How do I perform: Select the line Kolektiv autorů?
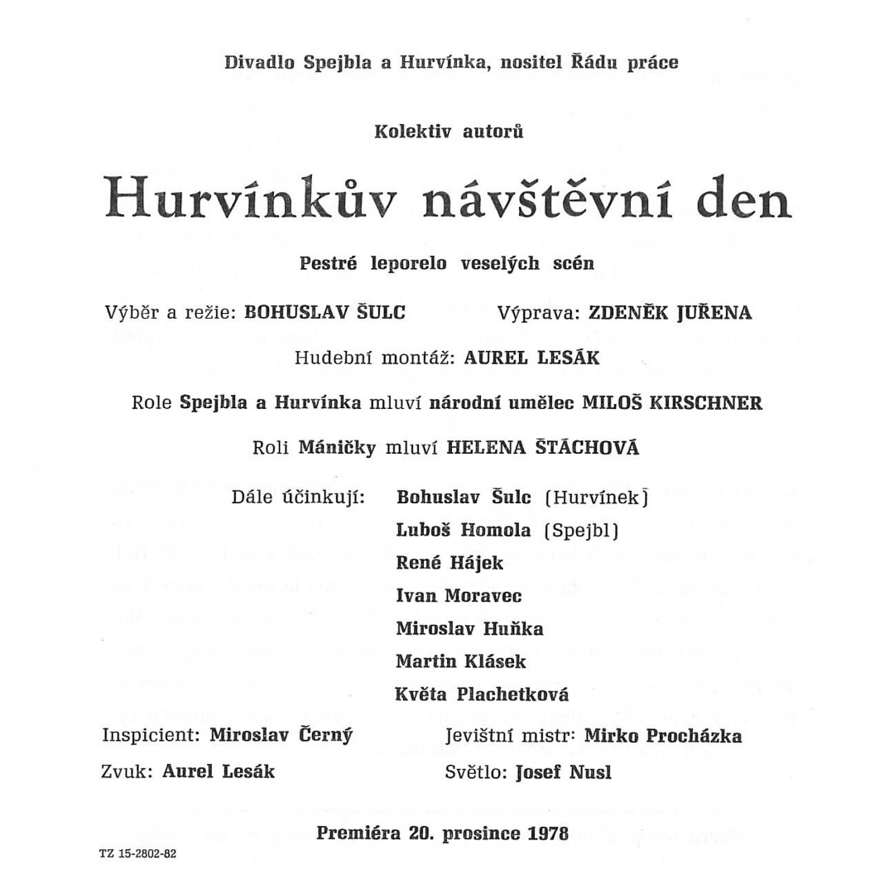tap(448, 131)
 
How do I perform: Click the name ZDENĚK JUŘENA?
tap(670, 313)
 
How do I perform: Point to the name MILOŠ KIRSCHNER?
tap(672, 403)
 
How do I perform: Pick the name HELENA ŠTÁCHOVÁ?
tap(542, 448)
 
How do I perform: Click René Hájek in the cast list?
tap(449, 562)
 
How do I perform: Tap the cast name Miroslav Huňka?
tap(469, 628)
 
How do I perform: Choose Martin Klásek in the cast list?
tap(460, 661)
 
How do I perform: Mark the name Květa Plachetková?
tap(482, 695)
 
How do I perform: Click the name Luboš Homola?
tap(464, 530)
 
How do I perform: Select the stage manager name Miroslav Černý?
tap(281, 735)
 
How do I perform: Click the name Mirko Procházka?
tap(662, 735)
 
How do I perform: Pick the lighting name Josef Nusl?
tap(563, 772)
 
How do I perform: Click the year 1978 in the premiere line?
tap(548, 833)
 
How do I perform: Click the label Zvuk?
tap(128, 771)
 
